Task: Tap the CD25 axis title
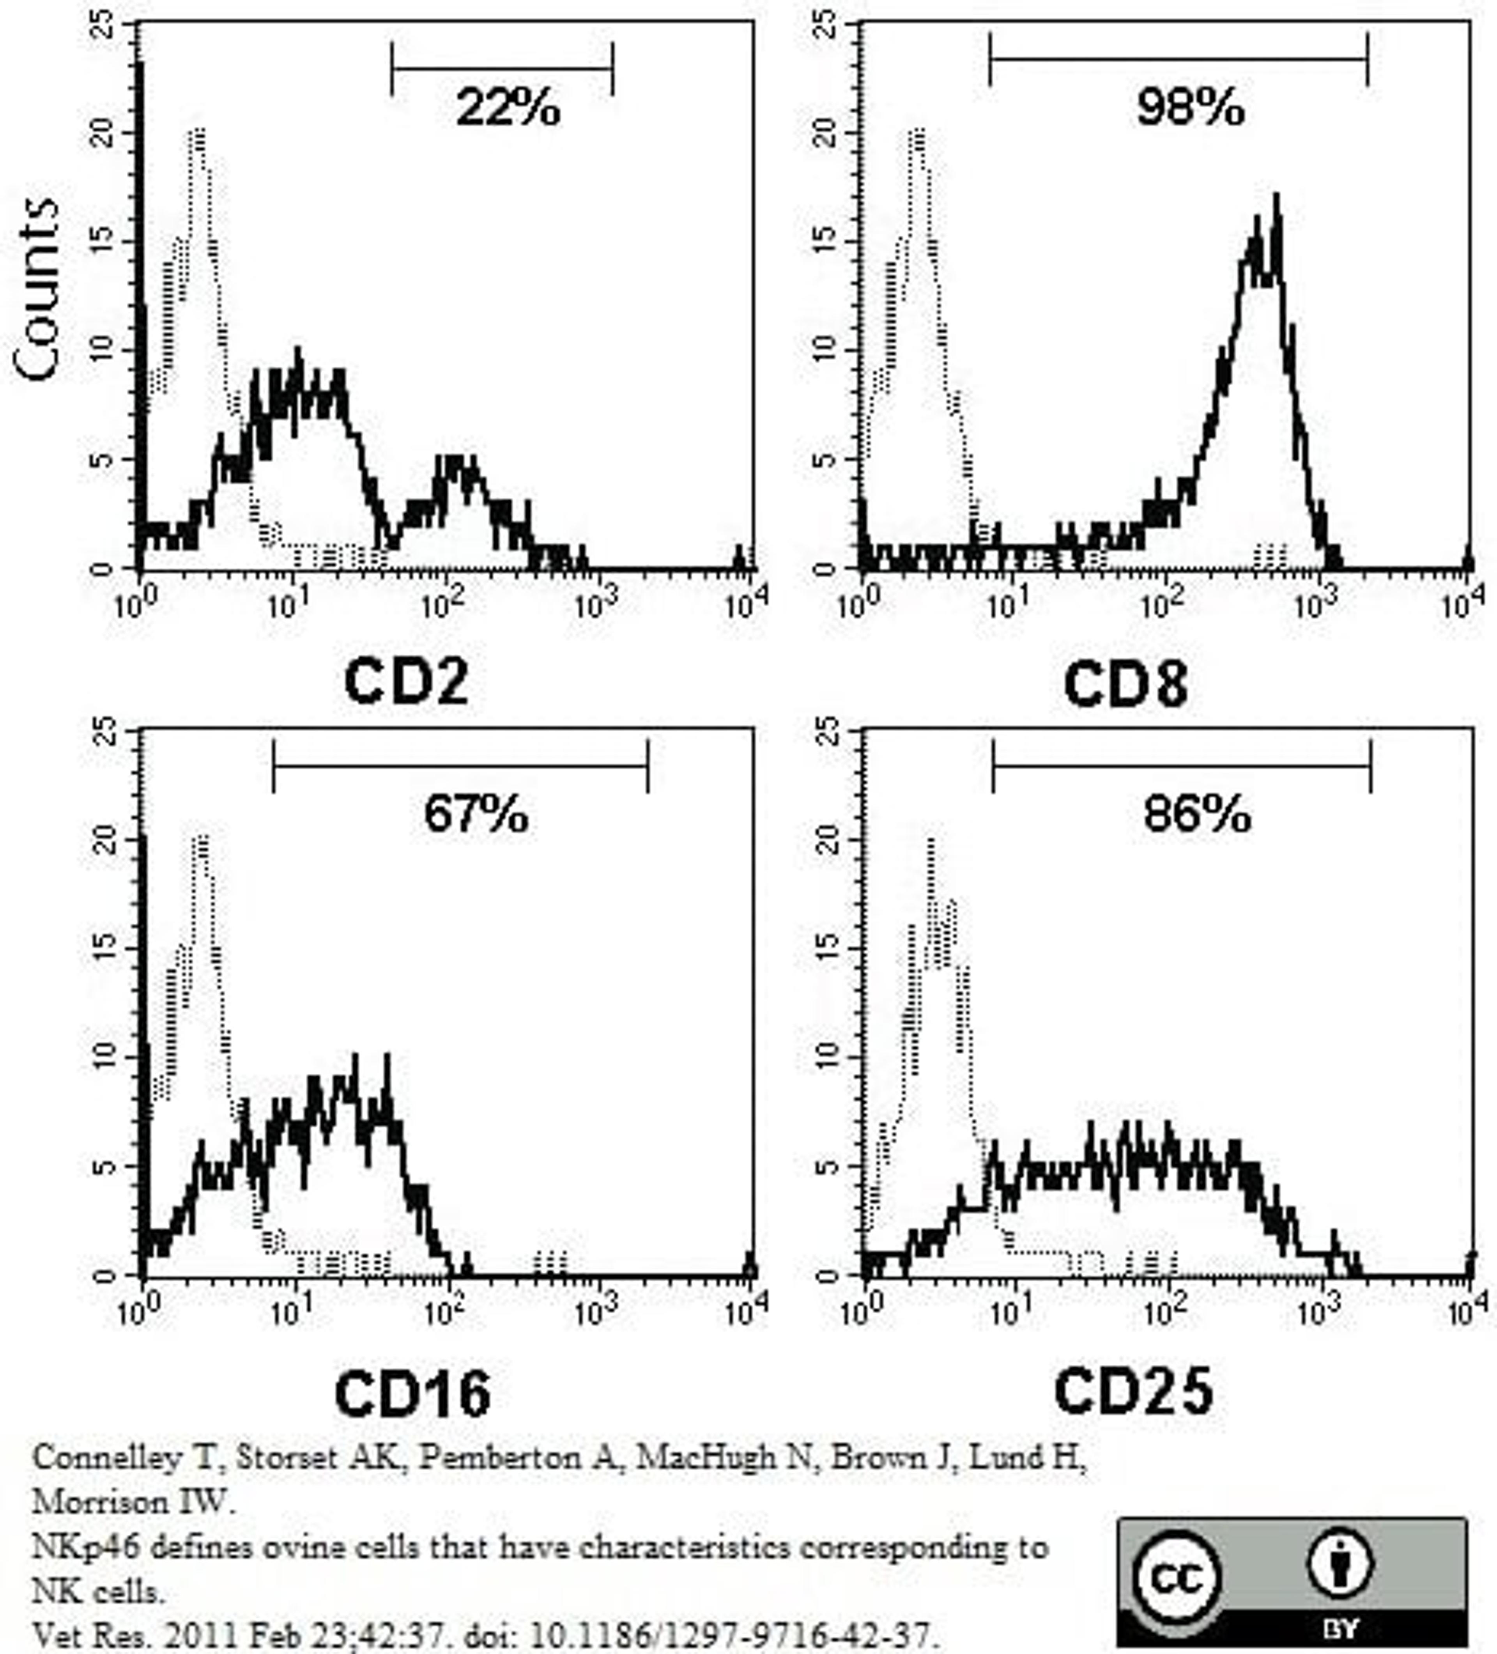(x=1133, y=1392)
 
